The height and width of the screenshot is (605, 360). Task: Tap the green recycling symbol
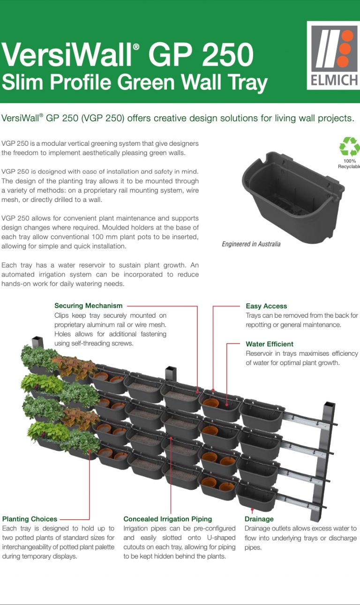tap(349, 147)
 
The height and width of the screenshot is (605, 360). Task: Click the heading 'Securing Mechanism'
tap(88, 306)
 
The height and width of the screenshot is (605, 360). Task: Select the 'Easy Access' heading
tap(266, 306)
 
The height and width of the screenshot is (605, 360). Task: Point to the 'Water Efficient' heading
tap(270, 344)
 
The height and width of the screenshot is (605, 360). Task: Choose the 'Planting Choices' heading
tap(30, 519)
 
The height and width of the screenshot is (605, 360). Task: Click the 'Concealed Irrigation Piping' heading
tap(167, 519)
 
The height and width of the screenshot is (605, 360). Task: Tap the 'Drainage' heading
tap(259, 519)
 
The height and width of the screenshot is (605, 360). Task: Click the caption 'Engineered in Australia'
tap(251, 244)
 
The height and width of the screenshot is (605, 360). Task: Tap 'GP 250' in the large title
tap(202, 54)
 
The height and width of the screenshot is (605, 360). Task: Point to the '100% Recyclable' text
tap(349, 164)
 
